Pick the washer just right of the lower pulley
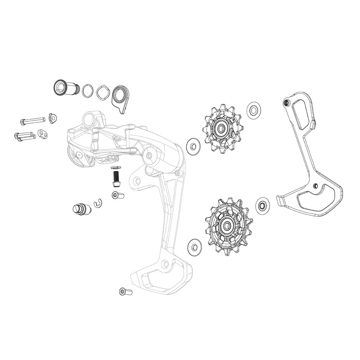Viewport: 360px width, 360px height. click(x=262, y=205)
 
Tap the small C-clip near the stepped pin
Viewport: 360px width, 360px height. click(x=99, y=205)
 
